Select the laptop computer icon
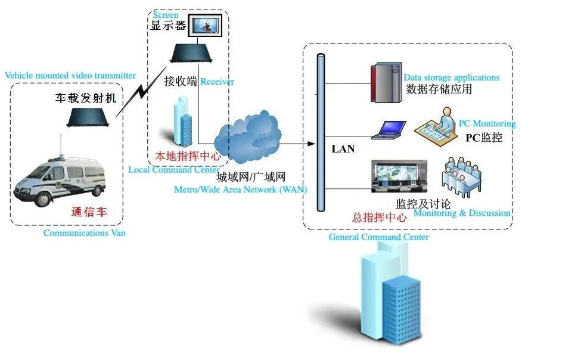click(389, 130)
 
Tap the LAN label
click(343, 149)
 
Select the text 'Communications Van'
click(84, 233)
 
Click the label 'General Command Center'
click(378, 237)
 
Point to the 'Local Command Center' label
click(173, 169)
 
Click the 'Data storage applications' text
click(451, 77)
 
